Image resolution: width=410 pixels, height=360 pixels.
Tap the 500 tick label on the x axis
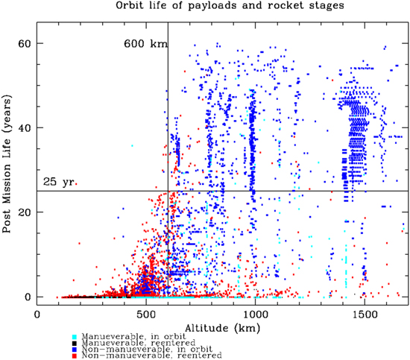[147, 314]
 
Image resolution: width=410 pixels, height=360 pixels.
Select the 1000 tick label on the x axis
[256, 314]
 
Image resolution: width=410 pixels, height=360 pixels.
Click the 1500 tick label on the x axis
[365, 314]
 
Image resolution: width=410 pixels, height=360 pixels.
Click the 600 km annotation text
[145, 44]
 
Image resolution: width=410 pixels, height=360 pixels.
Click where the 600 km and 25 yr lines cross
[168, 191]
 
